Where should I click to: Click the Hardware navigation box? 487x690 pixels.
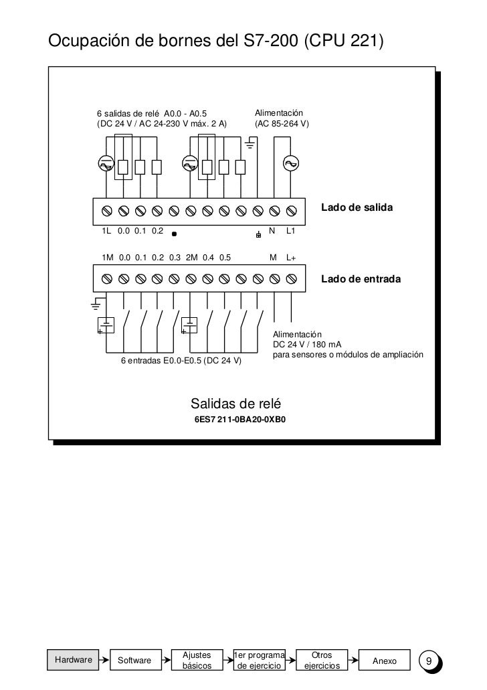tap(74, 659)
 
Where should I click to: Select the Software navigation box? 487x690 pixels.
tap(134, 661)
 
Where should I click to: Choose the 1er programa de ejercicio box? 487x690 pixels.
tap(259, 661)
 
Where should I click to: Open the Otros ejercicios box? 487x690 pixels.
tap(322, 661)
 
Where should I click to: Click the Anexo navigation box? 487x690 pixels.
tap(384, 661)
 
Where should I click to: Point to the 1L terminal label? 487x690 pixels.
tap(106, 231)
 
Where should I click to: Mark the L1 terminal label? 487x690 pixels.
tap(291, 231)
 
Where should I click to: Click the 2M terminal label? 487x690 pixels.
tap(191, 257)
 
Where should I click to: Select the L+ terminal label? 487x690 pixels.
tap(291, 257)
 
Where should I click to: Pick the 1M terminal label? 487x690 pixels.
tap(107, 257)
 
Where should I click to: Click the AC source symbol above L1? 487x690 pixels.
tap(291, 163)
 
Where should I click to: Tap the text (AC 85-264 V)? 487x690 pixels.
tap(281, 124)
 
